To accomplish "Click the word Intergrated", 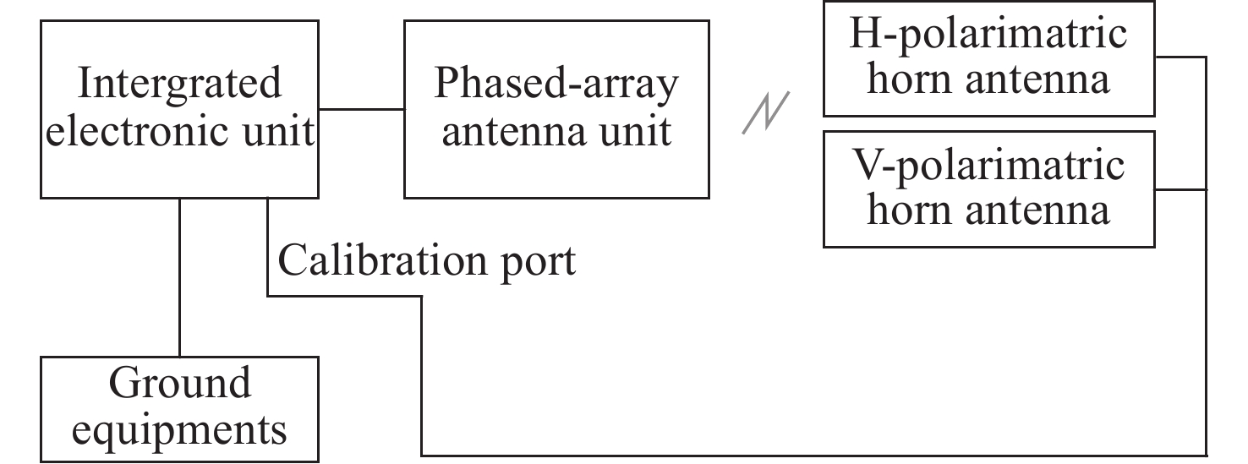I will click(179, 84).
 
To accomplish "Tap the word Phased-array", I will click(556, 84).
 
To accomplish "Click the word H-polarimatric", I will click(988, 35).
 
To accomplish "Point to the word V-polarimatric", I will click(988, 164).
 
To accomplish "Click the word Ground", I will click(179, 383).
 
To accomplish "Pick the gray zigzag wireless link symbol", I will click(766, 112).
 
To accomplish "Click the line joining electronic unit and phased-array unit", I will click(361, 109).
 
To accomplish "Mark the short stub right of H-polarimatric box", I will click(1180, 57).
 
